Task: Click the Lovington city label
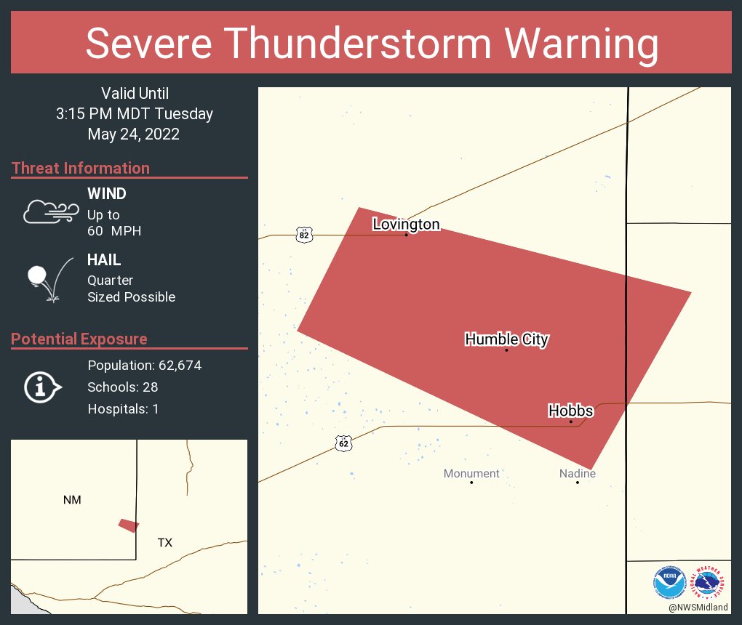pos(406,224)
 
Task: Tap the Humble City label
pos(506,339)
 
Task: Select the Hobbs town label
pos(570,411)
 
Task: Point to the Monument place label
pos(471,473)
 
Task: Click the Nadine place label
pos(578,473)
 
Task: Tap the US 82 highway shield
pos(304,235)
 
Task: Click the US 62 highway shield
pos(343,443)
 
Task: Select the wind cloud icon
pos(50,211)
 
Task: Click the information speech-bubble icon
pos(42,387)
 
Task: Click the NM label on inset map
pos(72,499)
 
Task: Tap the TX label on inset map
pos(165,542)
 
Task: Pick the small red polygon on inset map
pos(129,525)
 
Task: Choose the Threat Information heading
pos(81,168)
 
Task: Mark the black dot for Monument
pos(471,483)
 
